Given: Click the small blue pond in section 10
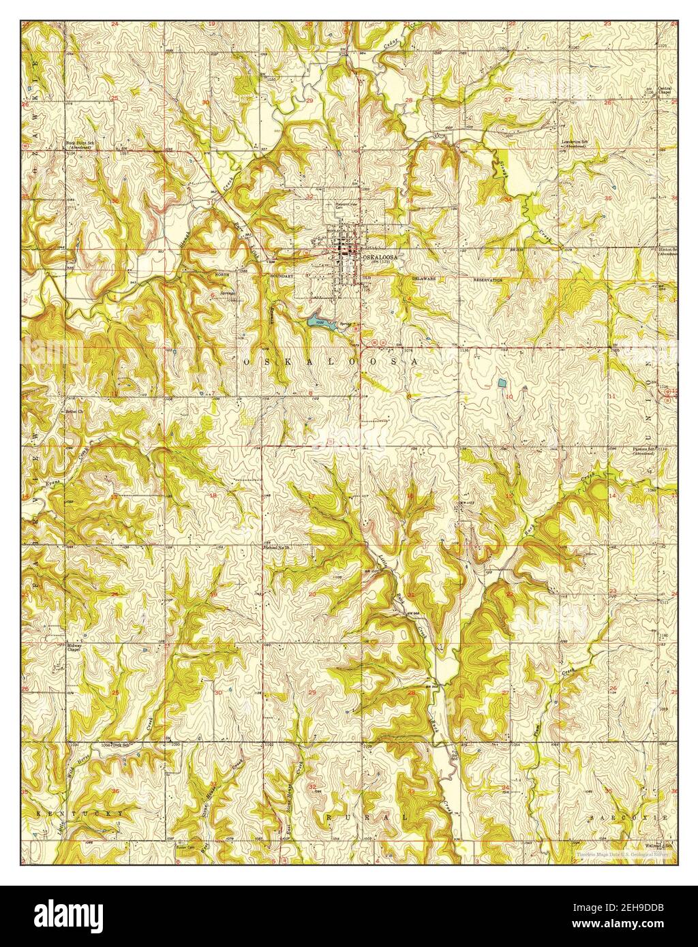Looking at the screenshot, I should click(x=502, y=382).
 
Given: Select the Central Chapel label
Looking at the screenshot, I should click(x=665, y=91).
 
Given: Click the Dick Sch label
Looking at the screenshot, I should click(x=123, y=746).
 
